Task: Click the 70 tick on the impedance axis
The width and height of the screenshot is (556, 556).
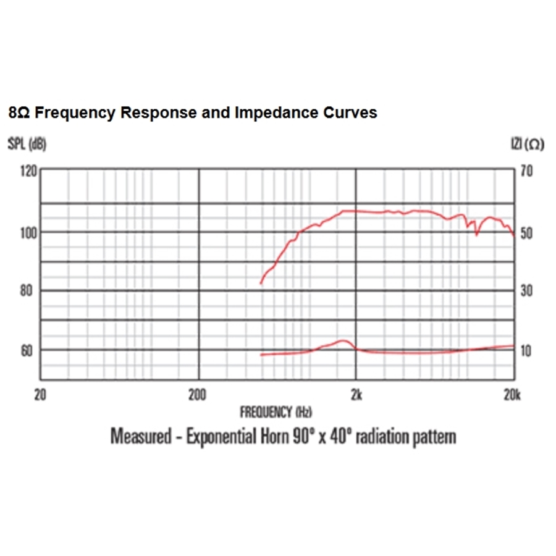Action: (526, 171)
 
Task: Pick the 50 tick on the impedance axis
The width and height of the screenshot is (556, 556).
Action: (526, 233)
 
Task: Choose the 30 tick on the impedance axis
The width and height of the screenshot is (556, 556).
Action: (526, 290)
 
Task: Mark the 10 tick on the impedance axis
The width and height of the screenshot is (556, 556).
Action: (526, 350)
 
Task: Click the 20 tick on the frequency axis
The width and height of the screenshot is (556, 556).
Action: (40, 396)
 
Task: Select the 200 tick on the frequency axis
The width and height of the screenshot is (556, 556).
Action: (197, 396)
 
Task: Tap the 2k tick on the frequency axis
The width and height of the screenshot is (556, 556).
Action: (356, 396)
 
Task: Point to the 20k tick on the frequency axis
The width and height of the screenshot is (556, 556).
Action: (512, 396)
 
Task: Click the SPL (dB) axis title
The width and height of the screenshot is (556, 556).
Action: (27, 145)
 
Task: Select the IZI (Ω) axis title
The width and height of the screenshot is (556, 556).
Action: (527, 145)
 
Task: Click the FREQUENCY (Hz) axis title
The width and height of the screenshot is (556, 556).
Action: (276, 411)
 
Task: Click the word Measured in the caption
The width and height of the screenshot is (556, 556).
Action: (140, 437)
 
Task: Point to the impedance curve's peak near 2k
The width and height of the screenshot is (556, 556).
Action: (342, 340)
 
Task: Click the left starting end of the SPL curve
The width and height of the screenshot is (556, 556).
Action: (261, 283)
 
